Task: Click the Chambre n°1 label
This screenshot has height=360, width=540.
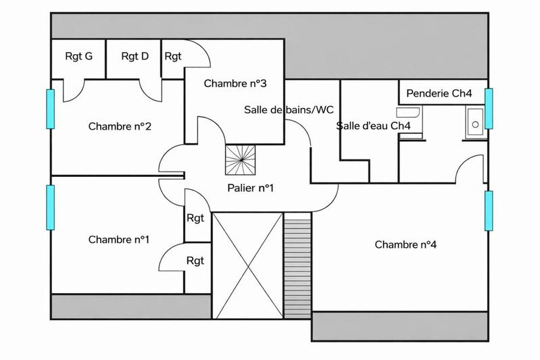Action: (x=119, y=240)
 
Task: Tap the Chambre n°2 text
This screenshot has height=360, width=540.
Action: (x=119, y=126)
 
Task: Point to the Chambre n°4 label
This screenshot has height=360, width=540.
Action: (x=406, y=245)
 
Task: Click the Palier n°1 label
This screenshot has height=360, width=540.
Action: (x=251, y=188)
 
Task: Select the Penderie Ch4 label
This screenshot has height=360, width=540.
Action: (x=439, y=93)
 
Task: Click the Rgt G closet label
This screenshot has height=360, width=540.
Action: (x=78, y=56)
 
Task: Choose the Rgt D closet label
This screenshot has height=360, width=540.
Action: (x=134, y=56)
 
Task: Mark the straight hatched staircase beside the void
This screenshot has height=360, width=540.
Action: (x=297, y=265)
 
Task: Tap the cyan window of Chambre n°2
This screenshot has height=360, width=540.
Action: (x=49, y=109)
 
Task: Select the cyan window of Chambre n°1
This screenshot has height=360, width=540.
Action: (x=49, y=207)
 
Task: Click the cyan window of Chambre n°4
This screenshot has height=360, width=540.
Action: (x=489, y=210)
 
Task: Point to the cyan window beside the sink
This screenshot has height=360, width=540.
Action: (x=489, y=107)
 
